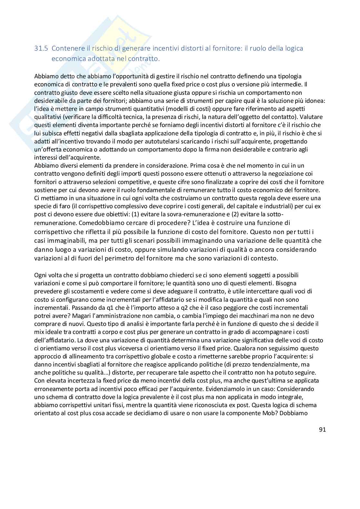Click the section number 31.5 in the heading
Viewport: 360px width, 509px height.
click(x=41, y=48)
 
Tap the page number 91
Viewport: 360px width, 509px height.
click(x=322, y=429)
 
